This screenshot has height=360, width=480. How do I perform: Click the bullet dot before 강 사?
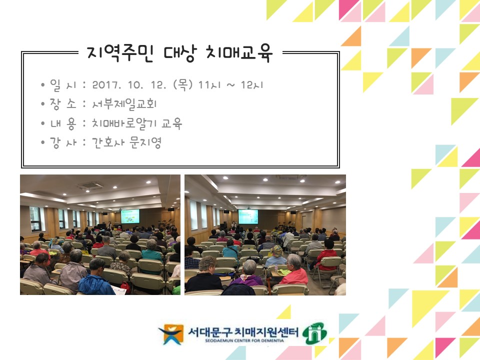coord(44,143)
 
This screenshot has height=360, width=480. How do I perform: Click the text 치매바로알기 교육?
coord(137,123)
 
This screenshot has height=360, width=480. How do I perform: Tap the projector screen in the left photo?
coord(130,216)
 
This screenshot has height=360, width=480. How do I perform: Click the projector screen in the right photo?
coord(248,216)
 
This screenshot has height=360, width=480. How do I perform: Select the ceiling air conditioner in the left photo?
coord(88,186)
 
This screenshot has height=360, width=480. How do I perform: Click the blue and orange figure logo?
coord(170,333)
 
